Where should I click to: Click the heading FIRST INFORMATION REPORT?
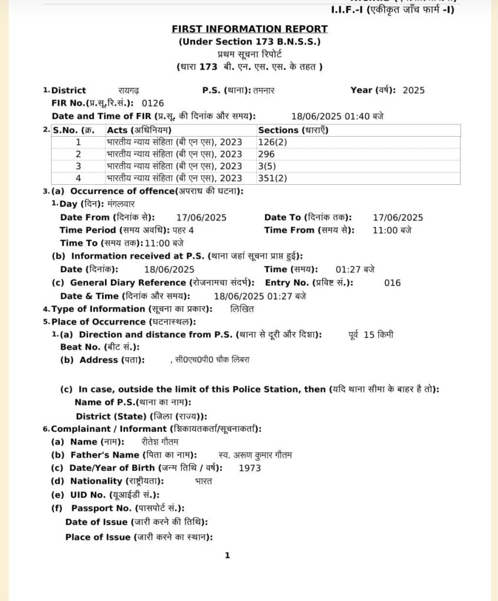[x=250, y=29]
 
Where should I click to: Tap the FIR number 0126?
[x=145, y=103]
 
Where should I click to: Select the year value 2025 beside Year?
[x=413, y=90]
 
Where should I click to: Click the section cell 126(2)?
[x=272, y=142]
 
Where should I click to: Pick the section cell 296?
[x=266, y=154]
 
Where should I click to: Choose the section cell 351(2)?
[x=272, y=178]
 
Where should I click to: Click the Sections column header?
[x=292, y=130]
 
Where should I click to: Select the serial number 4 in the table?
[x=78, y=178]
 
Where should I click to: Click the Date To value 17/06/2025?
[x=398, y=218]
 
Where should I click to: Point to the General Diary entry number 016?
[x=392, y=283]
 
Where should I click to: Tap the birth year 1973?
[x=250, y=468]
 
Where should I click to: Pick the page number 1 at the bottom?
[x=227, y=555]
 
